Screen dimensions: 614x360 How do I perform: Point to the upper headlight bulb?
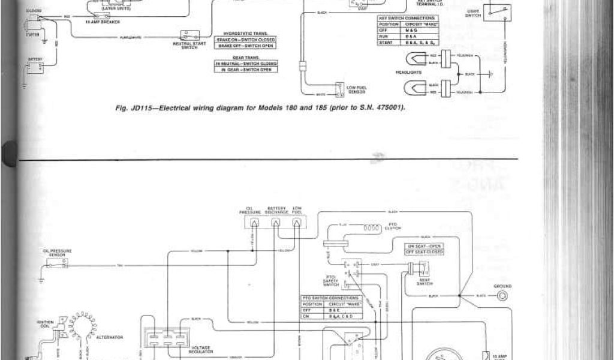point(412,58)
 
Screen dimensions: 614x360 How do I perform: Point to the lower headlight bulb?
point(412,89)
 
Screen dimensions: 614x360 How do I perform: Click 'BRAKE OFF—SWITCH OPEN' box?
point(246,46)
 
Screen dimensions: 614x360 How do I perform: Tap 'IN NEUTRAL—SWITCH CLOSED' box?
point(246,63)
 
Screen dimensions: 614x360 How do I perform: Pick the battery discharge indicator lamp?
point(276,223)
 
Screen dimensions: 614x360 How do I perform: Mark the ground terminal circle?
point(501,296)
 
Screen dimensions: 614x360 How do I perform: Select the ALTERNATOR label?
point(110,337)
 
